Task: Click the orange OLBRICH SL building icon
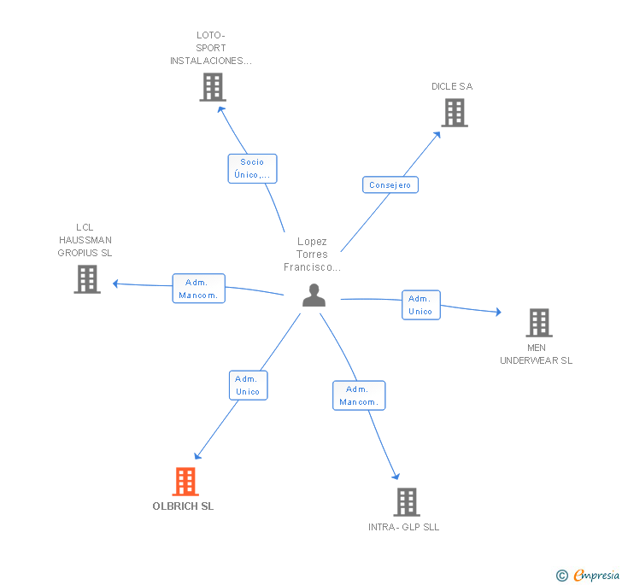point(185,482)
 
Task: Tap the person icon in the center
point(314,295)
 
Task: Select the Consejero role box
point(390,184)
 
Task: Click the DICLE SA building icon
point(455,113)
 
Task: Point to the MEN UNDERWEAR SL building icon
point(539,323)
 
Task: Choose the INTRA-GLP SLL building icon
point(407,502)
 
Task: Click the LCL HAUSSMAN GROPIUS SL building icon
point(87,279)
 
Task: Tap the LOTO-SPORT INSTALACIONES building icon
point(213,87)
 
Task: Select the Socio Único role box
point(252,168)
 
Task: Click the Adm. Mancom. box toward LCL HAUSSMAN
point(199,289)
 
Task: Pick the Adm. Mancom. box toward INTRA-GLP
point(359,395)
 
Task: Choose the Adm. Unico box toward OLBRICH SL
point(249,385)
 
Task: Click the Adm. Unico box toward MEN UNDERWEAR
point(421,305)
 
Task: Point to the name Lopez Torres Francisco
point(312,254)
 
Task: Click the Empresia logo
point(588,575)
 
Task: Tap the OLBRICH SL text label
point(183,506)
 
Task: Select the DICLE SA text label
point(452,86)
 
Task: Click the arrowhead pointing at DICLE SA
point(437,135)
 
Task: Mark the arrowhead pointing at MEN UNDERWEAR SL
point(498,312)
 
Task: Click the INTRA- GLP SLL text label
point(404,527)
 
